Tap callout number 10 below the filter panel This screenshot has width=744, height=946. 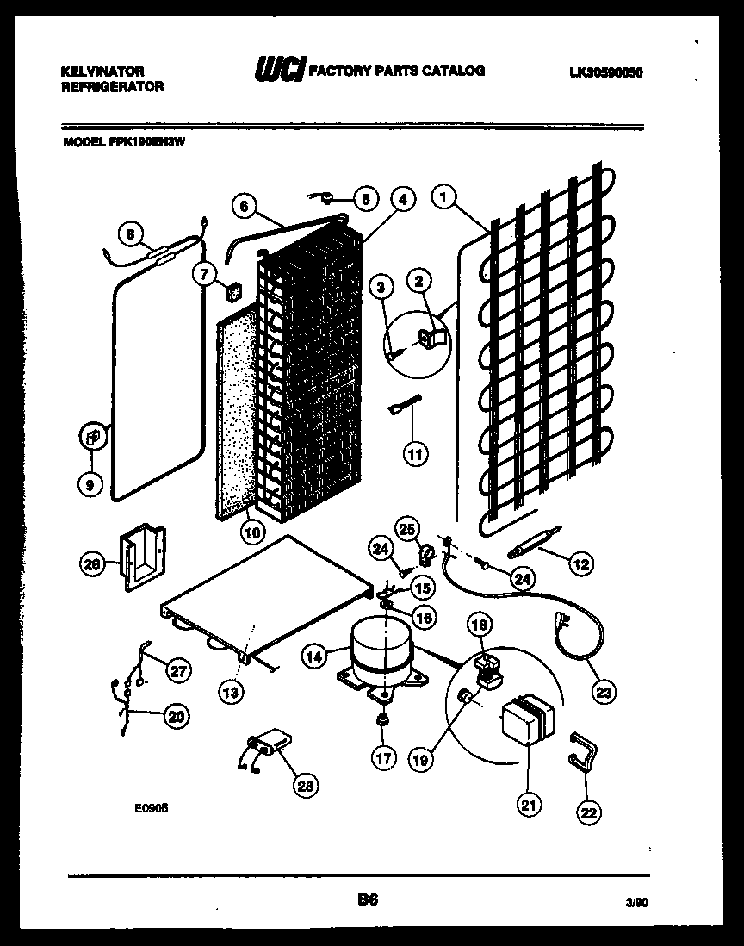click(251, 532)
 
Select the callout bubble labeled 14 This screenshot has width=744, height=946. click(315, 657)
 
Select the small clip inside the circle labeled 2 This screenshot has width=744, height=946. click(431, 337)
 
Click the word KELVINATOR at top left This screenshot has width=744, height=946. click(102, 72)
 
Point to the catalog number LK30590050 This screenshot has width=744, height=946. click(606, 73)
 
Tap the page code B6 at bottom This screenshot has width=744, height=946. click(368, 900)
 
